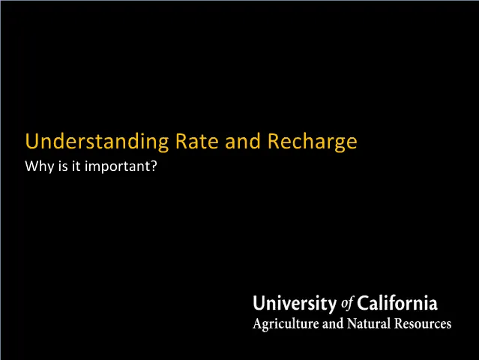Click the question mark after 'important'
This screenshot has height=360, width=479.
[x=154, y=166]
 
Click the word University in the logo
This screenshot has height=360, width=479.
[x=295, y=304]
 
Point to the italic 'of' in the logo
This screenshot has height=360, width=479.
[x=347, y=304]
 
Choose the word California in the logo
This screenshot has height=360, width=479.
[x=397, y=304]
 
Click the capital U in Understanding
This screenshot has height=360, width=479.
[x=31, y=141]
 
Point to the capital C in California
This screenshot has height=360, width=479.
[x=363, y=304]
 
